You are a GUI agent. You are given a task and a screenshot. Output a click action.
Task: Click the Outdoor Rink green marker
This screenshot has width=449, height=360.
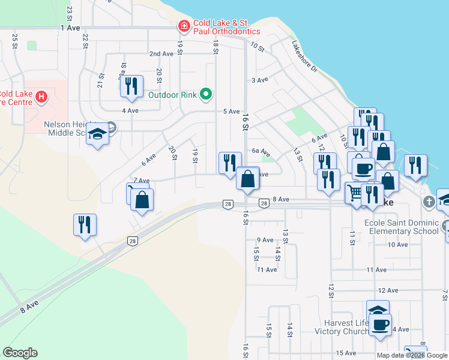click(x=206, y=94)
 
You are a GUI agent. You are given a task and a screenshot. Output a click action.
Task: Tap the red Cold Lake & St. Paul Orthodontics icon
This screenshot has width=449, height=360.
click(x=183, y=26)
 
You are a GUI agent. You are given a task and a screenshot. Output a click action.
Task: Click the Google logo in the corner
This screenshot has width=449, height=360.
click(x=20, y=353)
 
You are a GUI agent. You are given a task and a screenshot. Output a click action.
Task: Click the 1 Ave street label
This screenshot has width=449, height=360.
click(x=70, y=28)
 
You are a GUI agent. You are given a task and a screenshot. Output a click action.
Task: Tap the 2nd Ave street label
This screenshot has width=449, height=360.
click(x=161, y=53)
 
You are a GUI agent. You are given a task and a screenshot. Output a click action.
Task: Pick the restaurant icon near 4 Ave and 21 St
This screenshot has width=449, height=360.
click(x=131, y=86)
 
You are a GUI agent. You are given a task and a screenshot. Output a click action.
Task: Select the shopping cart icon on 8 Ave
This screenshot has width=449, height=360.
click(x=355, y=193)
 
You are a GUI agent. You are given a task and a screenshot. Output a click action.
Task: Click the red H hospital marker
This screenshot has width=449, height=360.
click(x=41, y=96)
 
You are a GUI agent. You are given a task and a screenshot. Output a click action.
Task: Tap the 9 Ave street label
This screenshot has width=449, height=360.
click(x=265, y=240)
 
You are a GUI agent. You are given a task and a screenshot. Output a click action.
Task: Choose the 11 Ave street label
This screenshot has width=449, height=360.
click(x=267, y=270)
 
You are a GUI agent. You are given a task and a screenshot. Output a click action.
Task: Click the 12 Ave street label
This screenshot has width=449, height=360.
click(x=388, y=290)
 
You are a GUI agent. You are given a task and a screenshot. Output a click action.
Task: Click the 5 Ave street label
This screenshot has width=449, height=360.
click(x=231, y=112)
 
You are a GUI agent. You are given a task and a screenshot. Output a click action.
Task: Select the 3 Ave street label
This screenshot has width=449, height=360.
click(x=259, y=80)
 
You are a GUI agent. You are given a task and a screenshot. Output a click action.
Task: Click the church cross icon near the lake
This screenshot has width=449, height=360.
click(x=429, y=202)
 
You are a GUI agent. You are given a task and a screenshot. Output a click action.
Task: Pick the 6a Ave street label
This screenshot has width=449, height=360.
click(x=261, y=152)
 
